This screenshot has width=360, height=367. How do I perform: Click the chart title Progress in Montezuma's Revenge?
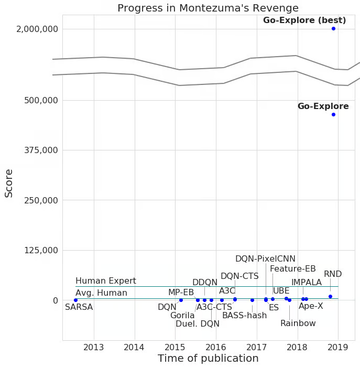pyautogui.click(x=208, y=8)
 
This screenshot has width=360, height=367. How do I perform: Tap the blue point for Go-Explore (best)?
pyautogui.click(x=333, y=28)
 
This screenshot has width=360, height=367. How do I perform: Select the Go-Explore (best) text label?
pyautogui.click(x=304, y=20)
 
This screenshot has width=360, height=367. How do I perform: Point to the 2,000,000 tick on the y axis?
pyautogui.click(x=37, y=29)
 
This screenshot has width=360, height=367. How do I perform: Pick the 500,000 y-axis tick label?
pyautogui.click(x=41, y=100)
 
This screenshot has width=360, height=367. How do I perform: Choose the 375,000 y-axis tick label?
pyautogui.click(x=41, y=150)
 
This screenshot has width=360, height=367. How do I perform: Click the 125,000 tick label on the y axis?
pyautogui.click(x=41, y=250)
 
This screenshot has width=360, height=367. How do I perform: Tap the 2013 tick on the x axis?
pyautogui.click(x=94, y=347)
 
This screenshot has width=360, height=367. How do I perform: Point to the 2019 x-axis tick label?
pyautogui.click(x=338, y=347)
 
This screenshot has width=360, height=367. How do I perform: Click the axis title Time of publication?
pyautogui.click(x=208, y=359)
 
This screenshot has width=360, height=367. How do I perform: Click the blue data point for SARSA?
pyautogui.click(x=75, y=300)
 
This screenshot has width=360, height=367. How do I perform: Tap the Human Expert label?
pyautogui.click(x=106, y=281)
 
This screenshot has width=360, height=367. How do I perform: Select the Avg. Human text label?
pyautogui.click(x=101, y=293)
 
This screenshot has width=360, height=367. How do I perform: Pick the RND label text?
pyautogui.click(x=333, y=274)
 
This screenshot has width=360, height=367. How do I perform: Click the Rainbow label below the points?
pyautogui.click(x=298, y=323)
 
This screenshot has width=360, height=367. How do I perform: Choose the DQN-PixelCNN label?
pyautogui.click(x=265, y=259)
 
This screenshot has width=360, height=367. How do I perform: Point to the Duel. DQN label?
pyautogui.click(x=198, y=324)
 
